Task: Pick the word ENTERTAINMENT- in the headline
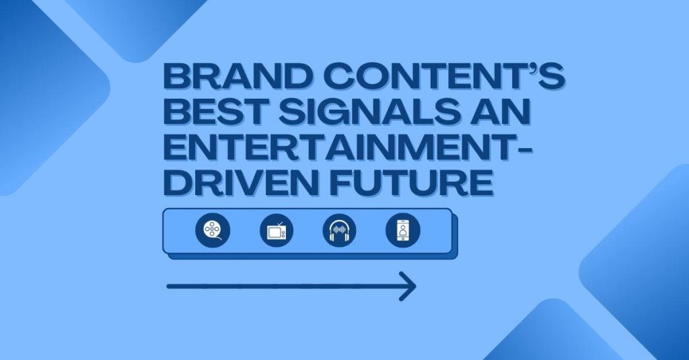pos(348,147)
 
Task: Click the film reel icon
pos(213,230)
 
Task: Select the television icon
pos(277,230)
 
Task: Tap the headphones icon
pos(339,230)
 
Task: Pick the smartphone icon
pos(403,230)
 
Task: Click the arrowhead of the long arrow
pos(408,287)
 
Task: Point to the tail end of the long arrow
pos(168,287)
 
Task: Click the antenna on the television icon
pos(280,224)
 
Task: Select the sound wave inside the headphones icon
pos(339,230)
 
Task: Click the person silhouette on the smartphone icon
pos(403,229)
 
